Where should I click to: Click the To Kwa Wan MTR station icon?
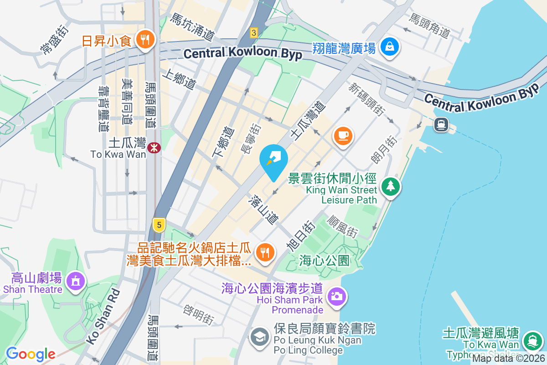coord(154,147)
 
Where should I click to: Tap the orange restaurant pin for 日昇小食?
coord(146,39)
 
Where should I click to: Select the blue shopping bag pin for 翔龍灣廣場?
coord(390,46)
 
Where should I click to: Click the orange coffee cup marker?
coord(343,136)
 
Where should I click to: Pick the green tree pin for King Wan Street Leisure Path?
coord(390,186)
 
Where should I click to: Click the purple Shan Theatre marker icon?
coord(75,280)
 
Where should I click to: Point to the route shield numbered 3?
coord(254,32)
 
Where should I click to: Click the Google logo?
coord(31,354)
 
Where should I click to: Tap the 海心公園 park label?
coord(325,261)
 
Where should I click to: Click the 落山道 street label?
coord(263,210)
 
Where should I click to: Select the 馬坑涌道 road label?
coord(192,26)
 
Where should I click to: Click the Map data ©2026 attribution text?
coord(508,359)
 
